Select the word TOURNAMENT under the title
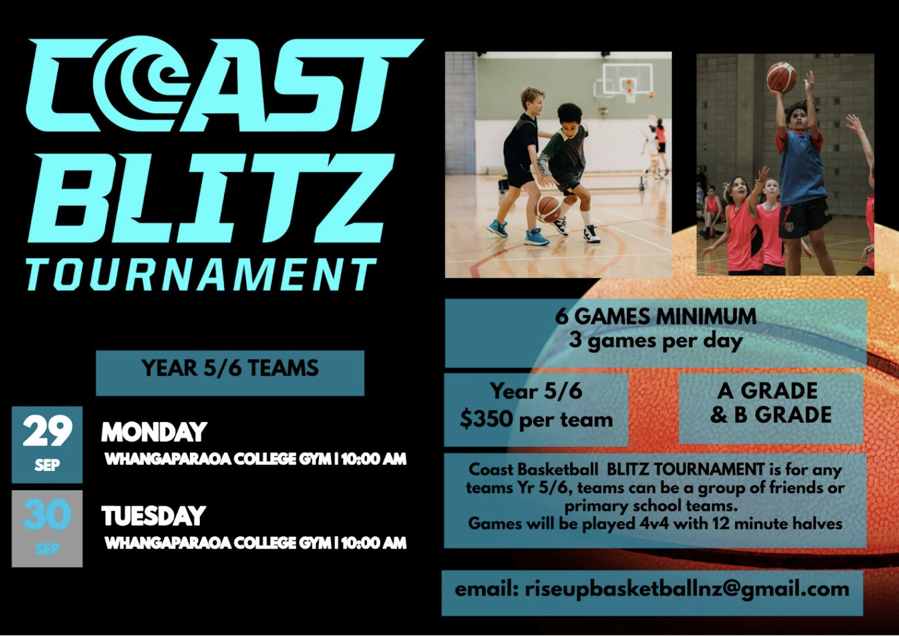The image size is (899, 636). coord(201,274)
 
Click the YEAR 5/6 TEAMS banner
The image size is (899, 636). coord(230,373)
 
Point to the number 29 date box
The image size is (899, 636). coord(47,444)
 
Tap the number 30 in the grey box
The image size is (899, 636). coord(47,514)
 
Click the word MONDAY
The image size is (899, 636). coord(154,432)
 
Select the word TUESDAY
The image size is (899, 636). coord(153,515)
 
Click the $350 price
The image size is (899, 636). coord(486,420)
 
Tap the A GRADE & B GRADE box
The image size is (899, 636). coord(771,408)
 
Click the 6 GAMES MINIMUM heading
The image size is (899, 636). coord(656,316)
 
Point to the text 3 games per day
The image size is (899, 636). coord(656,342)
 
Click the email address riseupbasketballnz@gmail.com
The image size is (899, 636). coord(687,589)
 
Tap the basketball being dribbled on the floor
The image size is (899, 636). coord(548,209)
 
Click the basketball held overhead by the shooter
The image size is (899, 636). coord(781,77)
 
